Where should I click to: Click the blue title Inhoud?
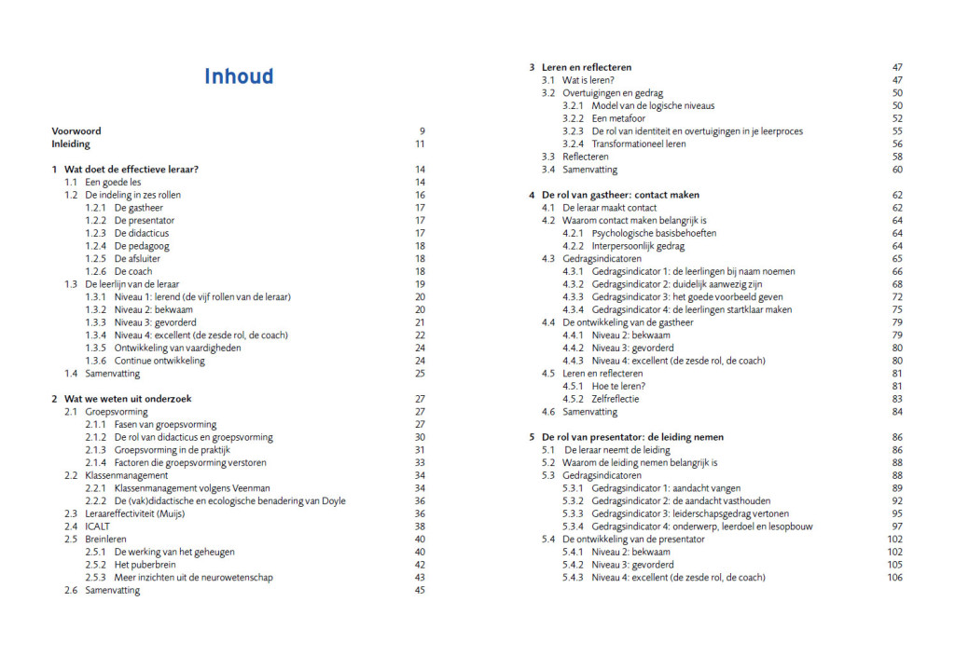pos(239,76)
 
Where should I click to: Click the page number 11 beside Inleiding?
pos(420,144)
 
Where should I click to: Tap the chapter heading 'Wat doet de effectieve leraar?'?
pos(131,170)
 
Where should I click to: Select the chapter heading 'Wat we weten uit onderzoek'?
pos(128,399)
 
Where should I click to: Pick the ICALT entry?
pos(97,526)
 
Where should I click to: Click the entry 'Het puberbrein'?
pos(146,565)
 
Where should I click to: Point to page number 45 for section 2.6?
pos(420,590)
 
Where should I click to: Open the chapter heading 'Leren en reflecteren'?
pos(587,68)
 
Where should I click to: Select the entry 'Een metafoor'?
pos(618,118)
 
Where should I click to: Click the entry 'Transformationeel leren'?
pos(639,144)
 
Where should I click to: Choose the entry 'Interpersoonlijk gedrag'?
pos(638,246)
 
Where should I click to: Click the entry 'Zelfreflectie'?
pos(616,399)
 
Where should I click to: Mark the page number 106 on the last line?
pos(895,578)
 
